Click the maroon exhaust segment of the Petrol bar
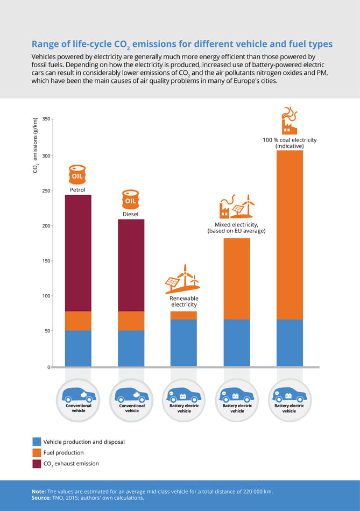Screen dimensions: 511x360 coord(78,253)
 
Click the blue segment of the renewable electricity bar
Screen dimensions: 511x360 coord(184,343)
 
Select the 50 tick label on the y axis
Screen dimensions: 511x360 coord(47,331)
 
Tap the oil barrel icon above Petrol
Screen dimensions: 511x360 coord(77,175)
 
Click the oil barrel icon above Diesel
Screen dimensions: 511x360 coord(130,200)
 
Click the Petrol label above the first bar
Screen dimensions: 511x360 coord(77,190)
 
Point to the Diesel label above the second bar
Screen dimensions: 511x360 coord(130,214)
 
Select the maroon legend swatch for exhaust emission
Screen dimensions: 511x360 coord(37,464)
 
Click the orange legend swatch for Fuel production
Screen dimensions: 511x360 coord(37,452)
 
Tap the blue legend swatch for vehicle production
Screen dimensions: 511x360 coord(37,442)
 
